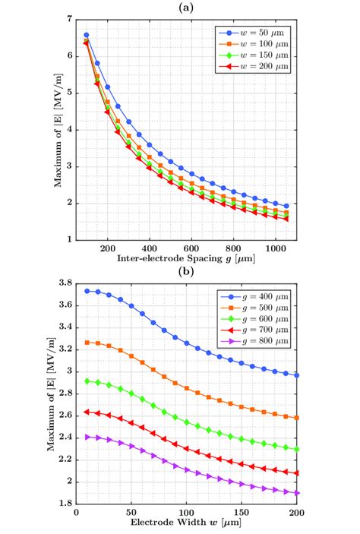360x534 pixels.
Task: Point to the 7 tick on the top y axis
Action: tap(69, 18)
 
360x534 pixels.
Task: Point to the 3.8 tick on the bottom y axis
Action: tap(66, 283)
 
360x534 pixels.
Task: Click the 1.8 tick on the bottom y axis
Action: tap(66, 504)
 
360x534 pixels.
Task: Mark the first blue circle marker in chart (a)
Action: tap(87, 35)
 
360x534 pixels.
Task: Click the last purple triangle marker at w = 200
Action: tap(297, 493)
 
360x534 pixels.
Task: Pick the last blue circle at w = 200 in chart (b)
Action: tap(297, 375)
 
